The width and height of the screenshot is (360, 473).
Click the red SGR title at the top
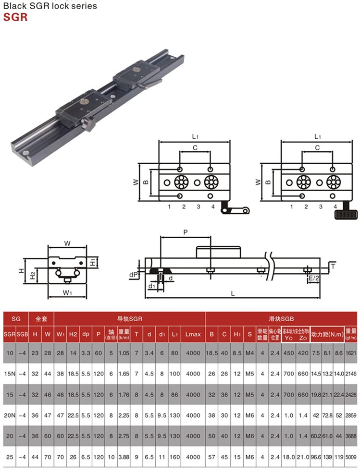pos(16,18)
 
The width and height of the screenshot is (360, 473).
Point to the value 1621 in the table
pos(350,353)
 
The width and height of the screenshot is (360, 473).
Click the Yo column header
pos(288,338)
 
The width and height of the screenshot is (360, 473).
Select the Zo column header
pos(303,338)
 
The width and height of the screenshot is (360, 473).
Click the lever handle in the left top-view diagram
pos(236,210)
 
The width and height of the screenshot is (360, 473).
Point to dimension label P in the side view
pos(186,232)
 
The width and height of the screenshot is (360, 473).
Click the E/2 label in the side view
pos(313,278)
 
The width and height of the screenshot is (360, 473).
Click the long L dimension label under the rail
pos(233,293)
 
